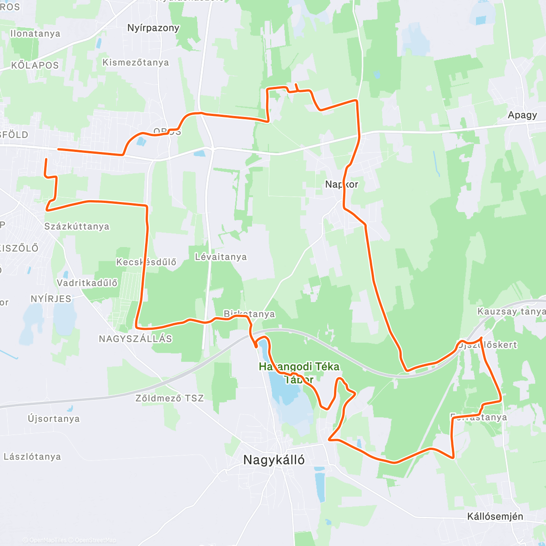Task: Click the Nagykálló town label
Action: [274, 460]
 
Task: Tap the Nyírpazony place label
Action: [153, 28]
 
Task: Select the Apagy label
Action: [522, 115]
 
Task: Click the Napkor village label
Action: [341, 184]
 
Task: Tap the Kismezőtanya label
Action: [136, 62]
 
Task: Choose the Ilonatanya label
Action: [35, 34]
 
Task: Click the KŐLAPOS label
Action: [35, 65]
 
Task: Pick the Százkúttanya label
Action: [77, 226]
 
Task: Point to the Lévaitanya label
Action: [221, 257]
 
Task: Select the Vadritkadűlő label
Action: [87, 283]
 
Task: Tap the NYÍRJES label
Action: [51, 299]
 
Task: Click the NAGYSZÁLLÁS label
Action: [136, 339]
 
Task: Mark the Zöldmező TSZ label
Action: [170, 398]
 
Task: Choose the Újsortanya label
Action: [54, 419]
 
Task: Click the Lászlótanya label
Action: [32, 456]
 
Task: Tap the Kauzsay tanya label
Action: [511, 312]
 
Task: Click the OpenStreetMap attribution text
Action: [95, 540]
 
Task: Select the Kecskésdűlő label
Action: [146, 262]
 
